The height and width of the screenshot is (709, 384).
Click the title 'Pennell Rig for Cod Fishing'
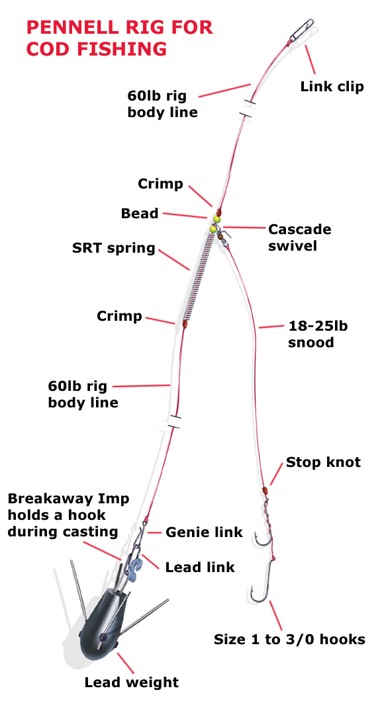click(x=119, y=38)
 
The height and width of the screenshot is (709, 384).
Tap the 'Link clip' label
click(x=332, y=87)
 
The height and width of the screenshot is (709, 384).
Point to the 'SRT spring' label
click(x=113, y=249)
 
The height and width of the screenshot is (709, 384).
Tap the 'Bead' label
click(x=140, y=214)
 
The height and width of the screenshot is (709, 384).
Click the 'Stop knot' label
click(x=323, y=462)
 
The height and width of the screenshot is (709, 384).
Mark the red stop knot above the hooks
click(x=265, y=491)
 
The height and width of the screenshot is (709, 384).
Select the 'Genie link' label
click(x=204, y=532)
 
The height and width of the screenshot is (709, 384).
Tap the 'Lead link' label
click(x=200, y=567)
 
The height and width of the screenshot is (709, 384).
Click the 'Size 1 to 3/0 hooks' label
click(x=289, y=640)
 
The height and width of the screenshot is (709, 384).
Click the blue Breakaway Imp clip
click(x=136, y=567)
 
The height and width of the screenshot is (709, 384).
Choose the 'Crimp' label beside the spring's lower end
click(x=119, y=316)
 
